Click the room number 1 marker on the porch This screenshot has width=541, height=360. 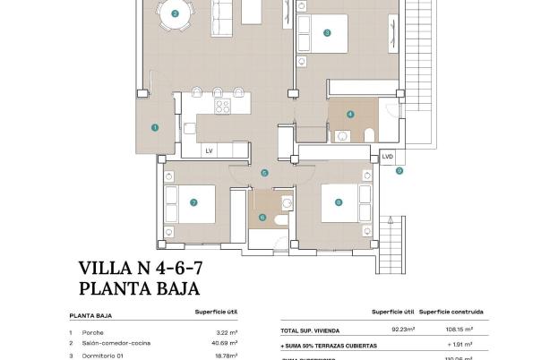[155, 127]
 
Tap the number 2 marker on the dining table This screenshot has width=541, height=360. [175, 13]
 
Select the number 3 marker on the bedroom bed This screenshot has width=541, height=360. [327, 33]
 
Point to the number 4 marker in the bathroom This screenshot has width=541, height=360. [350, 115]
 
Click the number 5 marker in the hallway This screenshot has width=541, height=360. [264, 173]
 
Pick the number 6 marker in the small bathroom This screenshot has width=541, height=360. [262, 217]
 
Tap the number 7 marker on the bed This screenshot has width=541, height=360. [193, 202]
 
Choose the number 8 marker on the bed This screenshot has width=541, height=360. [338, 202]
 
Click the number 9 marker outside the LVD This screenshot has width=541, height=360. [399, 170]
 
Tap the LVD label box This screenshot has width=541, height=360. [387, 156]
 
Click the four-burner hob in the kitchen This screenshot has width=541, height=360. [222, 106]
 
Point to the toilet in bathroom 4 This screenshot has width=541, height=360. [368, 134]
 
